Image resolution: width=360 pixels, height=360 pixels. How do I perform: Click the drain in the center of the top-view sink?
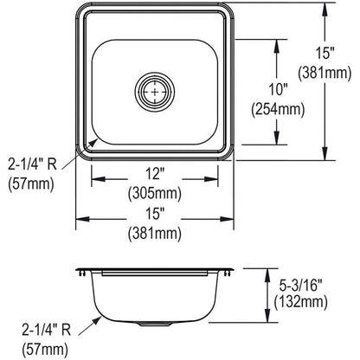tap(154, 88)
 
